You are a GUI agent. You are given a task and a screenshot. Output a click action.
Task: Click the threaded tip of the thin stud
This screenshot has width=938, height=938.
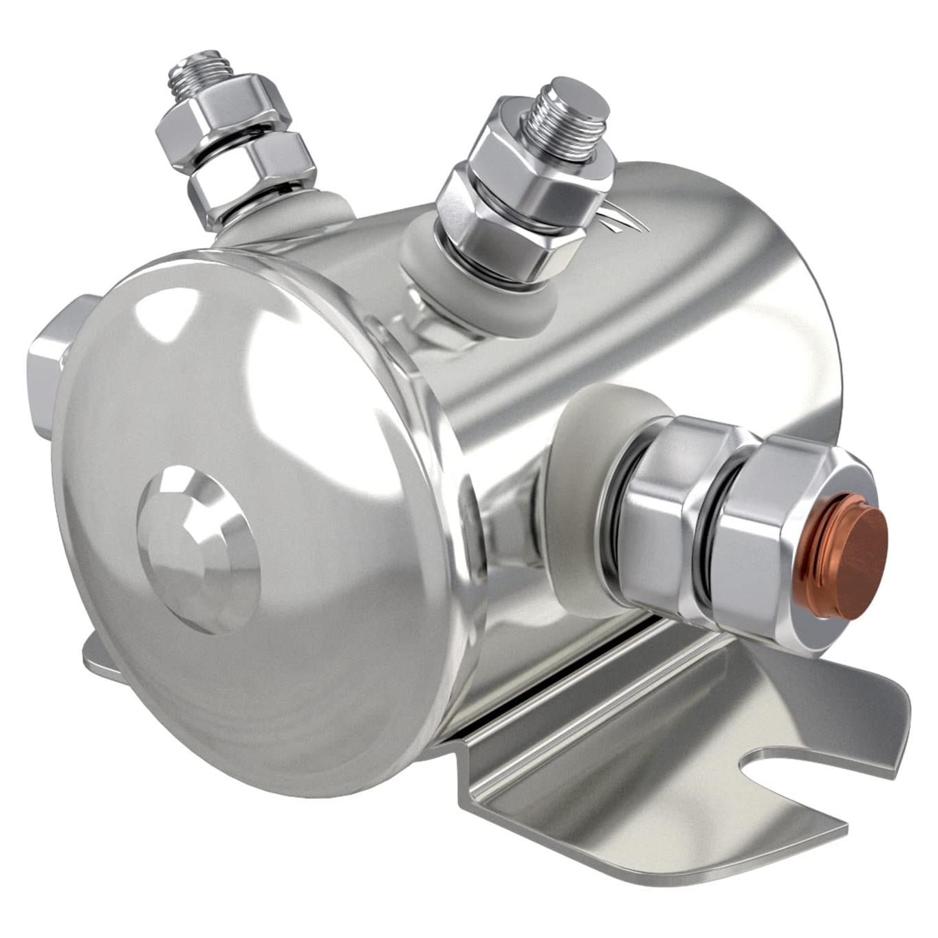[x=199, y=69]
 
